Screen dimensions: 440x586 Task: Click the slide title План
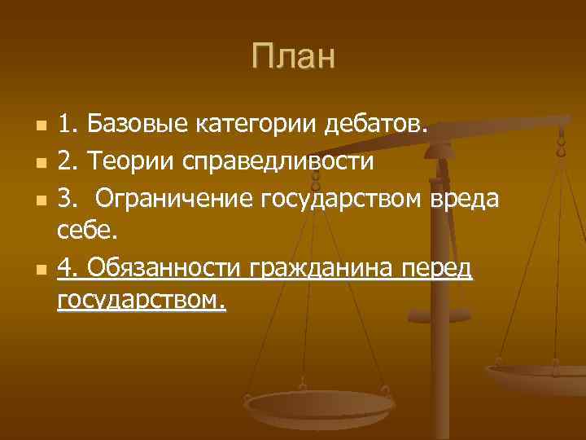click(292, 56)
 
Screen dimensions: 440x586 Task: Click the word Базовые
click(137, 126)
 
